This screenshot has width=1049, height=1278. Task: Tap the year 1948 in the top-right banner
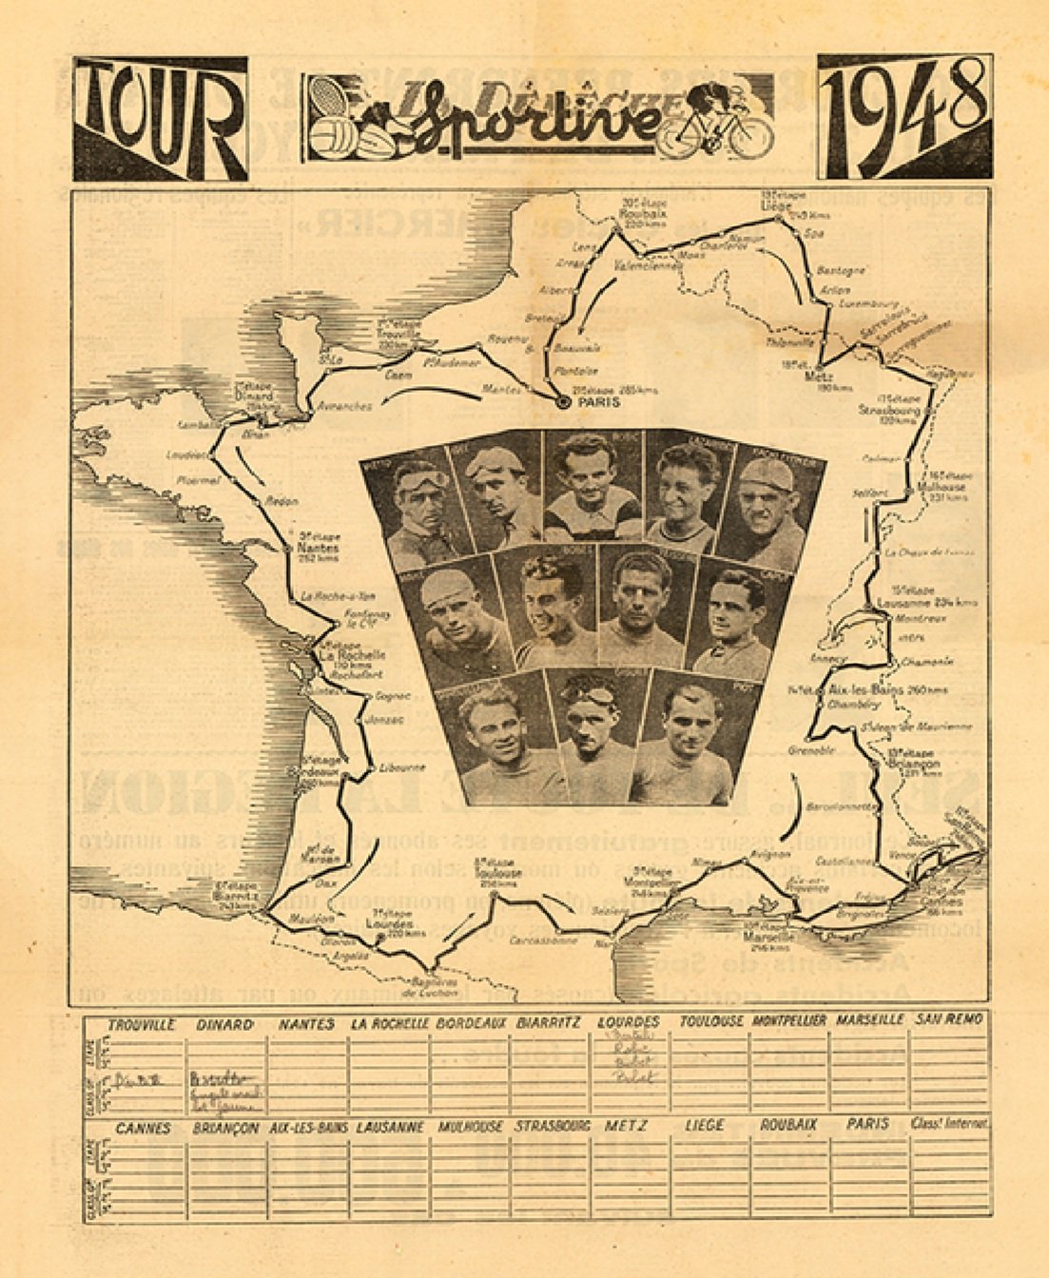coord(904,116)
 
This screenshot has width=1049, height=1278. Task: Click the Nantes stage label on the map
coord(319,549)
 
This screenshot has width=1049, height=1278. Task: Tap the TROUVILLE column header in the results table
coord(142,1024)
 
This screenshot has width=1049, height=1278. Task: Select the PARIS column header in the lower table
coord(867,1124)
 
